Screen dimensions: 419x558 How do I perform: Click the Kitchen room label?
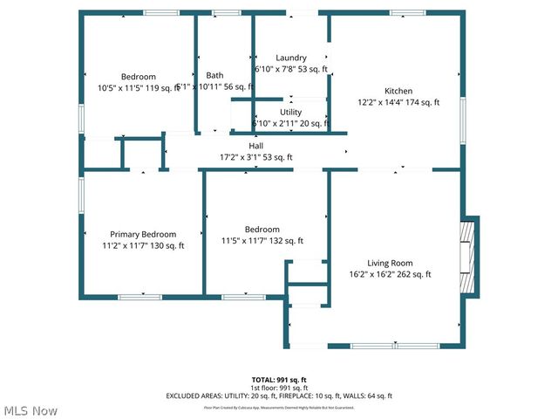point(398,91)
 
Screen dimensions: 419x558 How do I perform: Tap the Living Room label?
point(389,263)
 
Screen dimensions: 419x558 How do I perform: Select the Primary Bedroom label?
point(143,234)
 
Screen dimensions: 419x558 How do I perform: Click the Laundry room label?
point(290,58)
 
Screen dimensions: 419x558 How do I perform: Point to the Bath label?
point(214,75)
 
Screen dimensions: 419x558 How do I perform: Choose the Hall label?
point(256,146)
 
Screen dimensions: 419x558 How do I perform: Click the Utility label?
point(290,112)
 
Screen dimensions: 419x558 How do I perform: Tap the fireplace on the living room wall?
point(468,257)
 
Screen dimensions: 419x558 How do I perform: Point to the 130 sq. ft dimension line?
point(143,245)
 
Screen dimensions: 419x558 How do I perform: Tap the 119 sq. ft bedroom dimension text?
point(139,87)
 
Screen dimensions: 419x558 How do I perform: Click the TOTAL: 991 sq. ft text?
point(279,380)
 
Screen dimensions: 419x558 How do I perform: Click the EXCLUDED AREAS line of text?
point(279,396)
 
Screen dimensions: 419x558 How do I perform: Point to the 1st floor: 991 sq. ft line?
point(279,388)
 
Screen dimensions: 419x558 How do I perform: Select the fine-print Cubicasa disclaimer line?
point(279,407)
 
